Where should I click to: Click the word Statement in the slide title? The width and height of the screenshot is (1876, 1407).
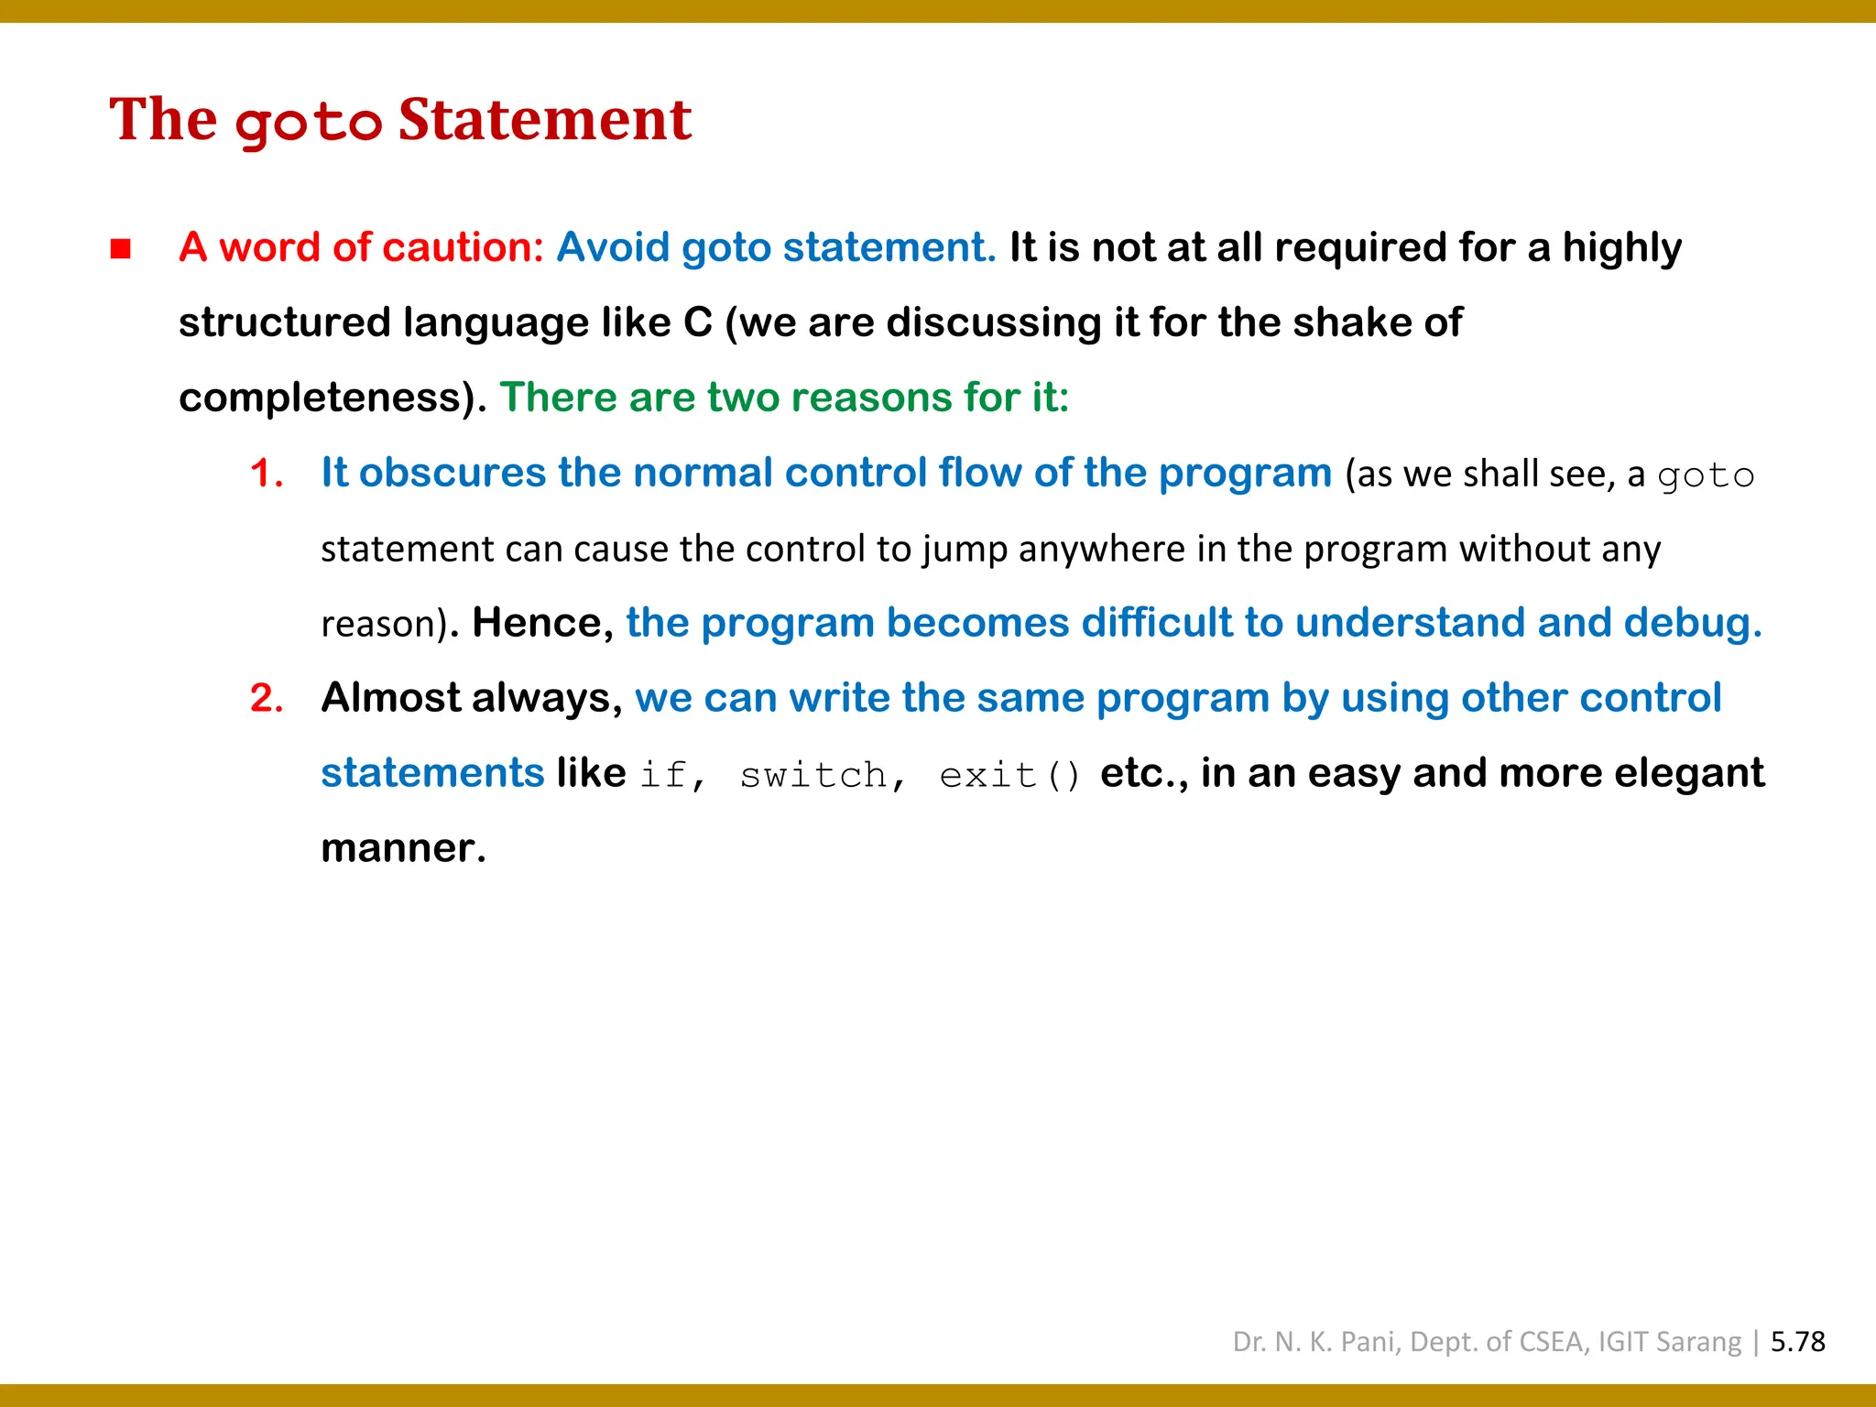(544, 120)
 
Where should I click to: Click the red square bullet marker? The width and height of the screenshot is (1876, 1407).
(121, 248)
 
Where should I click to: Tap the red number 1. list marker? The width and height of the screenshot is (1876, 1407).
(266, 474)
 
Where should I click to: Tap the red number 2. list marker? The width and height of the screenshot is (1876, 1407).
(266, 699)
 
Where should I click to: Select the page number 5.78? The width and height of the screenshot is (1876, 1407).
(1797, 1342)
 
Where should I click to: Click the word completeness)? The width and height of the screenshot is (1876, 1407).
(333, 398)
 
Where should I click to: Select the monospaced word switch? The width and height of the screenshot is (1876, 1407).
(823, 776)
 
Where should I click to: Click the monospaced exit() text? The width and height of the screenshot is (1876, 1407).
(1009, 776)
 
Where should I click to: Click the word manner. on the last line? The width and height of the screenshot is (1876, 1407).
(403, 848)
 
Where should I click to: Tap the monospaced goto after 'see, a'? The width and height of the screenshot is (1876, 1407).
(1706, 476)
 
